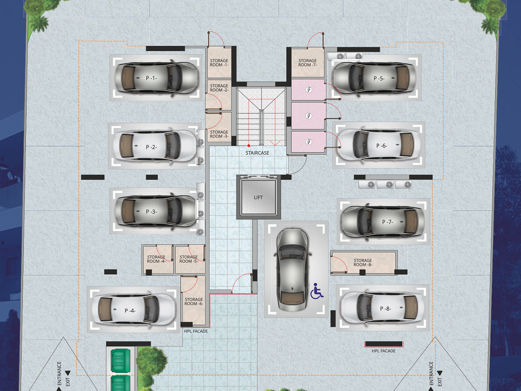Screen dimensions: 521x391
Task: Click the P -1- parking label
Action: tap(151, 78)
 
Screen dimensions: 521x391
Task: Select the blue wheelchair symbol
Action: tap(317, 291)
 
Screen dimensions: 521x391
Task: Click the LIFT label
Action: tap(258, 198)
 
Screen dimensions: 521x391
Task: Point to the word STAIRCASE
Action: tap(257, 153)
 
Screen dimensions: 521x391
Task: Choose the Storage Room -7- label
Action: tap(308, 63)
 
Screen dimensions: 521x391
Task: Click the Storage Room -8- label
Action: tap(363, 263)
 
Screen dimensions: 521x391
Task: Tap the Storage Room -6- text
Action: tap(194, 301)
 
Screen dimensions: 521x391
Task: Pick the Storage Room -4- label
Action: tap(156, 259)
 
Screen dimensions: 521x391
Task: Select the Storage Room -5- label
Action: tap(189, 259)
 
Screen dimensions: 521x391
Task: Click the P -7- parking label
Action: tap(388, 222)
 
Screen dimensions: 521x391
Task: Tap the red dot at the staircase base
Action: tap(249, 145)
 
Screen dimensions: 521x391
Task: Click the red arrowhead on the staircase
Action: tap(275, 143)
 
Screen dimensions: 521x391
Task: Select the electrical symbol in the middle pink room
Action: tap(309, 116)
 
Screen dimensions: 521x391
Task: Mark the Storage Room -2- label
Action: tap(219, 88)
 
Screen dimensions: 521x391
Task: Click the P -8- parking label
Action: tap(385, 308)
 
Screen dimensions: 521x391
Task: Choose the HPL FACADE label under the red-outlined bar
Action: tap(384, 351)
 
